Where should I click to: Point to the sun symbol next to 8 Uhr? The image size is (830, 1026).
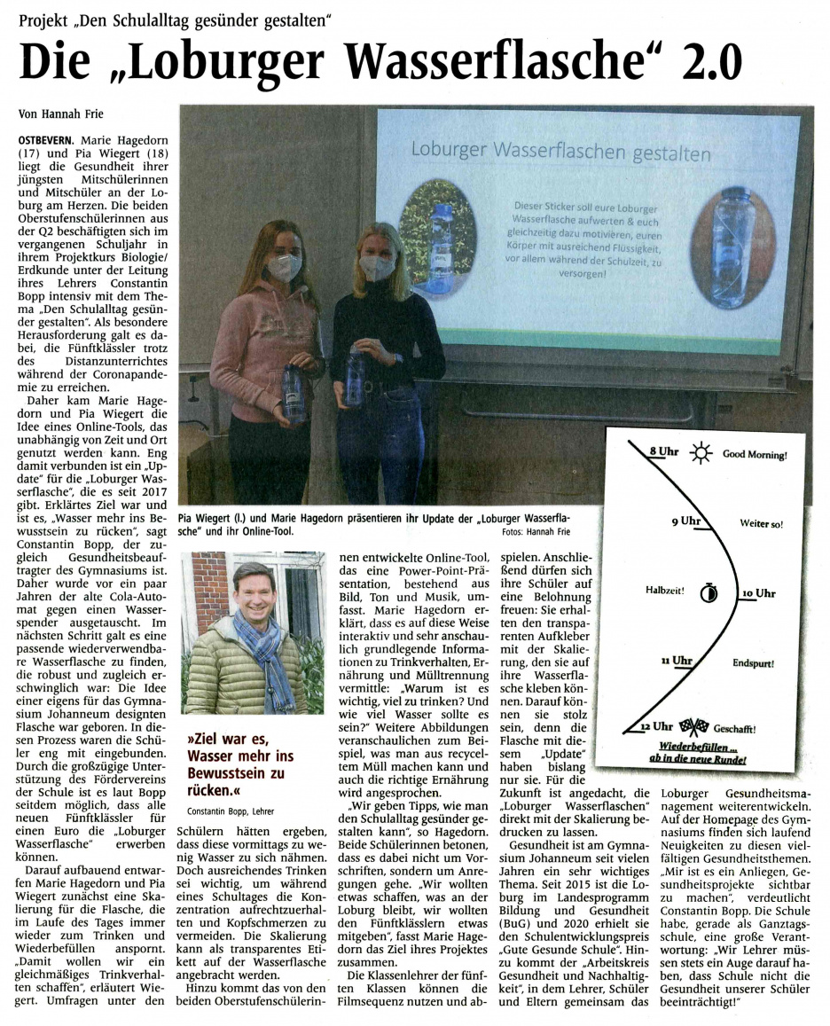[701, 454]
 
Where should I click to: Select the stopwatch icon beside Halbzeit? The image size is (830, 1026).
[707, 591]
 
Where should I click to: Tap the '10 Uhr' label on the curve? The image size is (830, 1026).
[759, 591]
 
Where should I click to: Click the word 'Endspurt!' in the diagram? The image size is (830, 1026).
[753, 662]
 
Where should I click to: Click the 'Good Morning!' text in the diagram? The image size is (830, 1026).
[755, 455]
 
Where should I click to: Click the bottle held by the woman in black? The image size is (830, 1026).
[355, 380]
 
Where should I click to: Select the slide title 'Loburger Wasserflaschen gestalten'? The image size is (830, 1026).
[560, 152]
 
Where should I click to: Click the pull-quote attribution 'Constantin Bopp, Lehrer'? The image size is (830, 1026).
[231, 811]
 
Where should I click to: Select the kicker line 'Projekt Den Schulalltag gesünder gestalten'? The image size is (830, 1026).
[174, 16]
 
